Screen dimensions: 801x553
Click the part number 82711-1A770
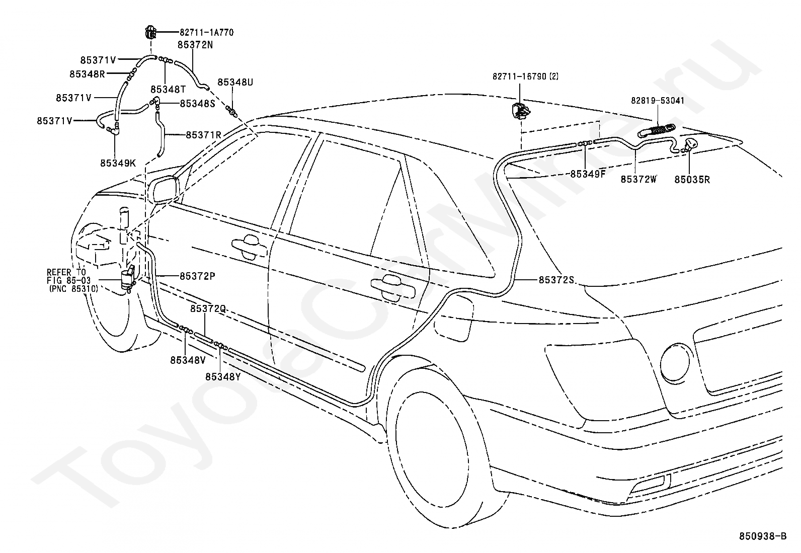click(x=206, y=33)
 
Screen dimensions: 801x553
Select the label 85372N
click(x=195, y=45)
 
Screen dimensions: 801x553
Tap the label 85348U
click(x=235, y=82)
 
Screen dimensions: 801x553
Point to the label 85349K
click(x=118, y=163)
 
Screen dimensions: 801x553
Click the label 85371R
click(x=203, y=135)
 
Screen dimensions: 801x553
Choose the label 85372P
click(x=197, y=276)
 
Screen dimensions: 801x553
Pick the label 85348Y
click(x=223, y=377)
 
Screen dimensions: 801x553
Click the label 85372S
click(x=556, y=280)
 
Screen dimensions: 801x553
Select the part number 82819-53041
click(x=658, y=101)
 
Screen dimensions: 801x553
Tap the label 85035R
click(x=692, y=180)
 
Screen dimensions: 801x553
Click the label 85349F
click(x=588, y=174)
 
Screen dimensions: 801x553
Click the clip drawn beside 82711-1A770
click(x=150, y=32)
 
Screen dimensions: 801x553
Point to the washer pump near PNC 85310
click(x=128, y=279)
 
